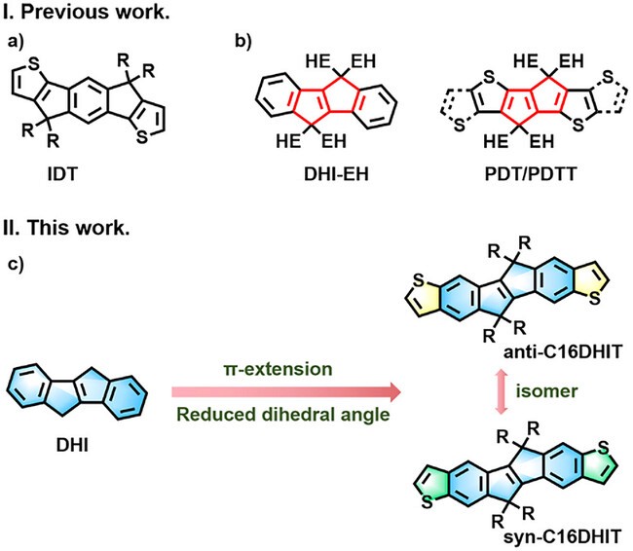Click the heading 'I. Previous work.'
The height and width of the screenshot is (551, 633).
point(86,12)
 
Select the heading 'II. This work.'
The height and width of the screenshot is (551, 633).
point(66,228)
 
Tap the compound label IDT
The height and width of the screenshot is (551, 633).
point(62,174)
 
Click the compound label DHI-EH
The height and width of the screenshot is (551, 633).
point(336,174)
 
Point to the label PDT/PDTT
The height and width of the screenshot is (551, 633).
point(531,174)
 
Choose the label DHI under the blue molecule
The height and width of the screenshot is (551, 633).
point(72,445)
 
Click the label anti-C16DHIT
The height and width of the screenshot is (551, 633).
point(563,352)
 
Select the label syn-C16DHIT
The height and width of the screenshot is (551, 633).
point(562,536)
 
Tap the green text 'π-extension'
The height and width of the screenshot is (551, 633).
point(279,369)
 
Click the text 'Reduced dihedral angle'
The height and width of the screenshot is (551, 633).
point(283,415)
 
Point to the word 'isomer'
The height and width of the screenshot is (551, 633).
point(546,390)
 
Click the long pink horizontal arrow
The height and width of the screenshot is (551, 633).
point(286,392)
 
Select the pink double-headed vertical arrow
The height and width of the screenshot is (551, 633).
point(502,391)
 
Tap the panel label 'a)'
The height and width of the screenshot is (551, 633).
point(16,42)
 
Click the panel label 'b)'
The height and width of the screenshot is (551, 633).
point(243,42)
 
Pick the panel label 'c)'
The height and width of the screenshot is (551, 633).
point(16,264)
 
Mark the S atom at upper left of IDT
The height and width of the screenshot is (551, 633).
point(34,64)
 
